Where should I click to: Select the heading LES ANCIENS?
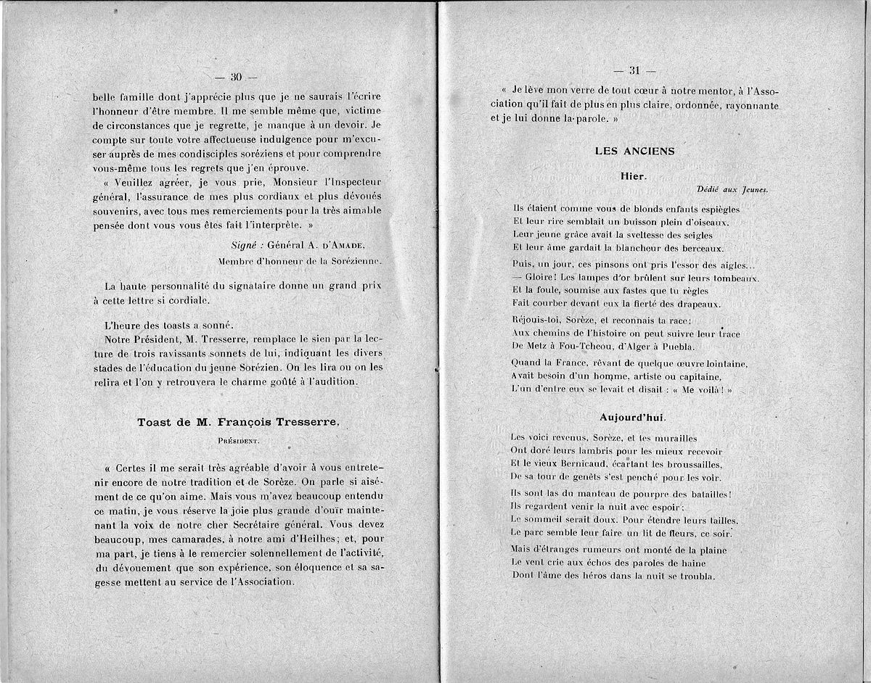[634, 152]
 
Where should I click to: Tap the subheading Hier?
[634, 176]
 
